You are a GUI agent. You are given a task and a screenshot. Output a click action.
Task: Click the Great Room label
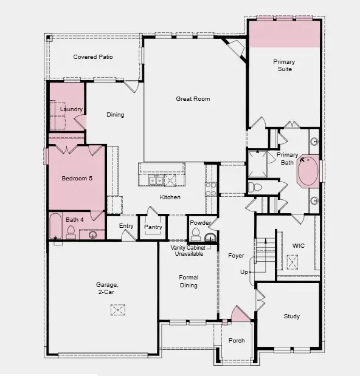pyautogui.click(x=193, y=98)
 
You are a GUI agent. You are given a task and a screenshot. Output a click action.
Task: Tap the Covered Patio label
pyautogui.click(x=93, y=57)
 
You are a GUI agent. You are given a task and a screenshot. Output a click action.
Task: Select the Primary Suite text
pyautogui.click(x=283, y=66)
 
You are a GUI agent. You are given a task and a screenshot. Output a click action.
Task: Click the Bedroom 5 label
pyautogui.click(x=77, y=179)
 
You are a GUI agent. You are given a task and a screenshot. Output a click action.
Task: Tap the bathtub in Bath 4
pyautogui.click(x=54, y=227)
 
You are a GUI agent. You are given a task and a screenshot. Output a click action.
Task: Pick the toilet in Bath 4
pyautogui.click(x=71, y=231)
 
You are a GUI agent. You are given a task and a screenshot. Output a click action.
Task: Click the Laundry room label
pyautogui.click(x=71, y=109)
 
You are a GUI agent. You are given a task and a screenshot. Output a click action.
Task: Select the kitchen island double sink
pyautogui.click(x=156, y=180)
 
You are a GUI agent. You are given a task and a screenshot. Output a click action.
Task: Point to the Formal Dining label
pyautogui.click(x=189, y=281)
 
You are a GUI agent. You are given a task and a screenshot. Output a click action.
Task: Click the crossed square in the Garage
pyautogui.click(x=118, y=310)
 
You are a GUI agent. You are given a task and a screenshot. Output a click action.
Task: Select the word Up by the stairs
pyautogui.click(x=244, y=272)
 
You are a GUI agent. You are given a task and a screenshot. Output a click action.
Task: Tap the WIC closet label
pyautogui.click(x=298, y=246)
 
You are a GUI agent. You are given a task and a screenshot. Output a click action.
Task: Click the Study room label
pyautogui.click(x=292, y=316)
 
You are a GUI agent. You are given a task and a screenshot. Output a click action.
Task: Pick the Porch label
pyautogui.click(x=236, y=341)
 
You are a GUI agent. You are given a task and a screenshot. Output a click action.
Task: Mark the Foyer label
pyautogui.click(x=236, y=256)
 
